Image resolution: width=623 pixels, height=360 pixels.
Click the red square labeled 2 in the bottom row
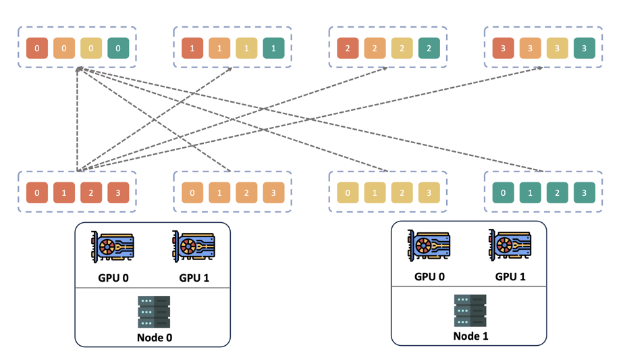[91, 192]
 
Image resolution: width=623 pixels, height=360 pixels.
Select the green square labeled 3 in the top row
[584, 49]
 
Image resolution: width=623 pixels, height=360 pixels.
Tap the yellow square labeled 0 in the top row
[91, 49]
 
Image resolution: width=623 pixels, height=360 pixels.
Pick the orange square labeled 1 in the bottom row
[219, 192]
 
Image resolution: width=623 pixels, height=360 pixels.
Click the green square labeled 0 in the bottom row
[503, 192]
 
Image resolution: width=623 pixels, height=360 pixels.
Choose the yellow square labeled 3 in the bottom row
[429, 192]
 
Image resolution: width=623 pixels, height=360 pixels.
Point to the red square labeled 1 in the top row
[192, 49]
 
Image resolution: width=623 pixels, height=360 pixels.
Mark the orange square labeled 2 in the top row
[375, 49]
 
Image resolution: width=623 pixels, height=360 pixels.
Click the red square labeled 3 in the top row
[503, 49]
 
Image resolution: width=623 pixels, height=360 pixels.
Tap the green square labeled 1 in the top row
[273, 49]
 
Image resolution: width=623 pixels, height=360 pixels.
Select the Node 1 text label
[470, 336]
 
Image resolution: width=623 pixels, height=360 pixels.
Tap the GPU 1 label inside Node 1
[510, 276]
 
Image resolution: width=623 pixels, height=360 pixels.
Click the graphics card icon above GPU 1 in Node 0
[194, 248]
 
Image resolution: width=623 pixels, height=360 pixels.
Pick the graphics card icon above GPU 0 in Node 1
[429, 247]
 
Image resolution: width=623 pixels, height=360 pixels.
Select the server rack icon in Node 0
[154, 311]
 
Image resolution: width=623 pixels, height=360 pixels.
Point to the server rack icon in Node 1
[470, 310]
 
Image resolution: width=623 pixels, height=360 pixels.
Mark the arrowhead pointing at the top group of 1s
[230, 68]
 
